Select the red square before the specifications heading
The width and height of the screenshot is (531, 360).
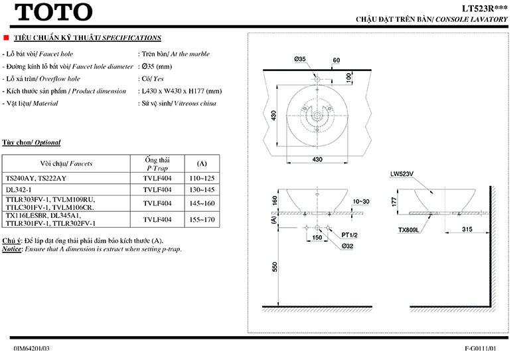point(6,38)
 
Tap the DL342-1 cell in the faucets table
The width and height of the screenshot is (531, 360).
point(19,190)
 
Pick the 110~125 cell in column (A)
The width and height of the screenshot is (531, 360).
point(202,178)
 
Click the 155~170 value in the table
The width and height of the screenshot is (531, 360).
point(202,219)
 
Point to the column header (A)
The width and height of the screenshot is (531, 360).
point(202,163)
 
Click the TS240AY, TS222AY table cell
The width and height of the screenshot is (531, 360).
point(36,178)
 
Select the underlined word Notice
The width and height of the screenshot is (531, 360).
point(12,248)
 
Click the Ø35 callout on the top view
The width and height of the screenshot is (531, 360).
point(300,60)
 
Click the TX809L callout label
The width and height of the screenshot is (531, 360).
point(410,230)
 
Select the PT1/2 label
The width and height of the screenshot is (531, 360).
point(350,235)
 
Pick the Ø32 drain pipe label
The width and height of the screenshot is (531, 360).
point(348,246)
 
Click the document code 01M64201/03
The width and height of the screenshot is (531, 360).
point(31,348)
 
